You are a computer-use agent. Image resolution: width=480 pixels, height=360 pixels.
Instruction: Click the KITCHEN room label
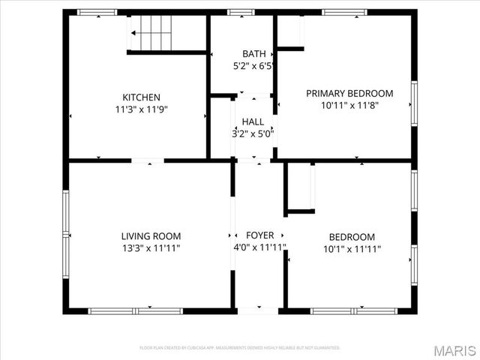pyautogui.click(x=142, y=97)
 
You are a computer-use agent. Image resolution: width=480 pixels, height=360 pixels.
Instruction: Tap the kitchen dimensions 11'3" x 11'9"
pyautogui.click(x=142, y=108)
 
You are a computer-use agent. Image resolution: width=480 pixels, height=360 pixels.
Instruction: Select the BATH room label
pyautogui.click(x=253, y=54)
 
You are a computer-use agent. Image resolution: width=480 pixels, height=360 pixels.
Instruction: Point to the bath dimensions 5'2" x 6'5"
pyautogui.click(x=253, y=65)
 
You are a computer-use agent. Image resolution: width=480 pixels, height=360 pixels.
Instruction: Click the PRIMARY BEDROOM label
pyautogui.click(x=349, y=93)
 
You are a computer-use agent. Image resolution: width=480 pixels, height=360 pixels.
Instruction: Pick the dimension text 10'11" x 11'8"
pyautogui.click(x=349, y=105)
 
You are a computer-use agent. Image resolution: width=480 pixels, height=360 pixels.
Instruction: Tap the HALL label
pyautogui.click(x=253, y=122)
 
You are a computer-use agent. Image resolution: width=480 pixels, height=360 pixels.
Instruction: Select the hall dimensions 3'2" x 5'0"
pyautogui.click(x=253, y=134)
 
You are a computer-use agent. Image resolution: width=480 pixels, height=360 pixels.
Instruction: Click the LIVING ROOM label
pyautogui.click(x=151, y=236)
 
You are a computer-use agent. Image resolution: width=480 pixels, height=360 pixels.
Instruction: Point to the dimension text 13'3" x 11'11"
pyautogui.click(x=151, y=248)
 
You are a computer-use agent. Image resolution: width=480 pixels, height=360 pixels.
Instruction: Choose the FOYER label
pyautogui.click(x=259, y=235)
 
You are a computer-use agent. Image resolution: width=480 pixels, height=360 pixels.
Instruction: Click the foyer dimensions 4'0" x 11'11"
pyautogui.click(x=259, y=247)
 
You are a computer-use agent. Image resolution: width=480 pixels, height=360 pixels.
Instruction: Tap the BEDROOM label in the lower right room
pyautogui.click(x=349, y=236)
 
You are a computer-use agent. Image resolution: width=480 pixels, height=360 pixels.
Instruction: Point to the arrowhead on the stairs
pyautogui.click(x=133, y=33)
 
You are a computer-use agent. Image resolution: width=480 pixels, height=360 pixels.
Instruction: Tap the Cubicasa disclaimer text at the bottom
pyautogui.click(x=240, y=348)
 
